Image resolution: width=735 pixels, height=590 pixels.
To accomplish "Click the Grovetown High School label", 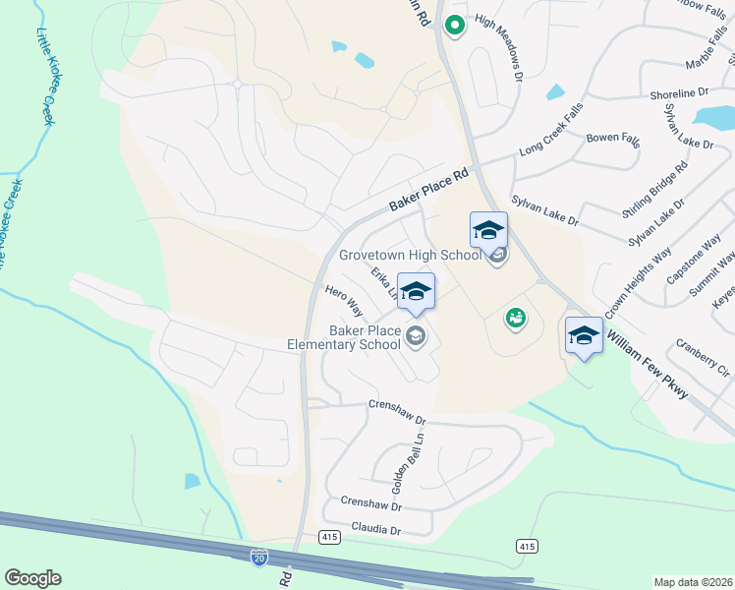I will pos(411,255).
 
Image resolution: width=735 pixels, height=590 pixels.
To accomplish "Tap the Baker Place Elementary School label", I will pos(344,337).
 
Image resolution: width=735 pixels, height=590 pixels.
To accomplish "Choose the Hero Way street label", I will pos(344,301).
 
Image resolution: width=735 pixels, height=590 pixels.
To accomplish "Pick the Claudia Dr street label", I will pos(370,530).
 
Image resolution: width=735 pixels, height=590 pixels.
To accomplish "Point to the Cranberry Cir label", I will pos(703,358).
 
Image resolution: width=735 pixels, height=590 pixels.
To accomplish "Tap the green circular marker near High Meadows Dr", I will pos(454,26).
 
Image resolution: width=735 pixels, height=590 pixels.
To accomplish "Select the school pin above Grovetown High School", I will pos(488,230).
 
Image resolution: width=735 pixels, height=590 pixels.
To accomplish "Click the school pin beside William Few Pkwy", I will pos(584,335).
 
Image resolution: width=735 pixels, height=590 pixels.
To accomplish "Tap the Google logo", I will pos(32,578).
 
